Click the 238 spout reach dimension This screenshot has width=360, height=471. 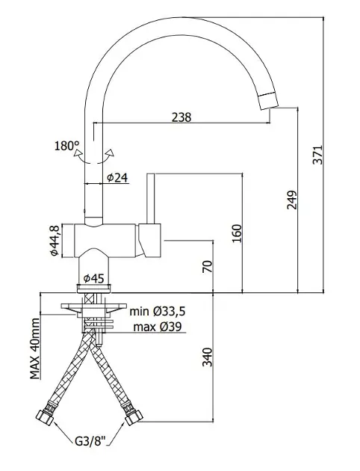181,117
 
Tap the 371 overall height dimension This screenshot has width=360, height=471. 317,155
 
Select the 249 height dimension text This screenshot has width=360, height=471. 291,200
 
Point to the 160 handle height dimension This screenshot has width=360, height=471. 237,234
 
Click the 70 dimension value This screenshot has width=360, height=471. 207,266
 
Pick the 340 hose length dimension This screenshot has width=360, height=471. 207,357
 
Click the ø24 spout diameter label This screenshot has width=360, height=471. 117,178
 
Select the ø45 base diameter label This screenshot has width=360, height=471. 93,279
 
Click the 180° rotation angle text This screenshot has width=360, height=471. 66,146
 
